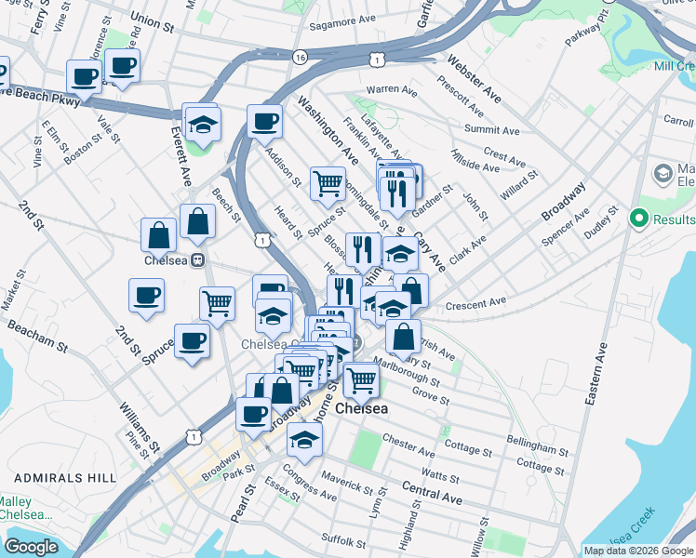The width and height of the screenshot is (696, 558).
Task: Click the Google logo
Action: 32,546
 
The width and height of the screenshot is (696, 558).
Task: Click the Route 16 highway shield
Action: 299,57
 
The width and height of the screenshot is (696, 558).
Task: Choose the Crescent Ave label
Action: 475,302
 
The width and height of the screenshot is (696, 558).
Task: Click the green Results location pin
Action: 638,219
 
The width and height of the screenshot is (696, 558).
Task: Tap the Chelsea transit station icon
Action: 197,261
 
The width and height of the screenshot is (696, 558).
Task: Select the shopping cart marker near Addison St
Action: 327,183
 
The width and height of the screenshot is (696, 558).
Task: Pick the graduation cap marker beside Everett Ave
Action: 201,122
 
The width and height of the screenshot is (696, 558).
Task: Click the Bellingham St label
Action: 538,445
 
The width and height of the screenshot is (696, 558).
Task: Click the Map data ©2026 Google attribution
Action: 637,551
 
